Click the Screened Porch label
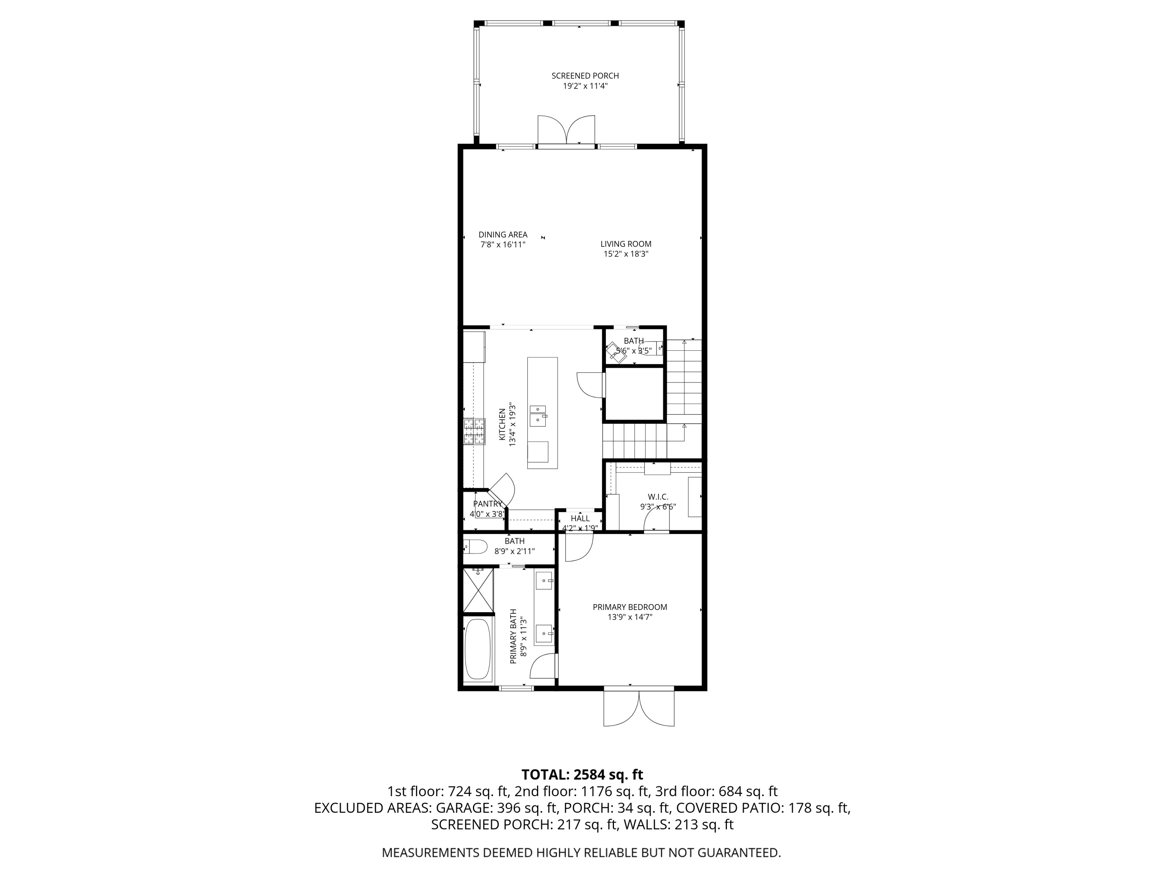[585, 76]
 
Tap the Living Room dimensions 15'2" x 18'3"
[626, 254]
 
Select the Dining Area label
[503, 235]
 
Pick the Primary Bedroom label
[630, 607]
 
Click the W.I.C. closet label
[658, 497]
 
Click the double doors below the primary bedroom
[639, 708]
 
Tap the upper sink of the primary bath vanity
[544, 582]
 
